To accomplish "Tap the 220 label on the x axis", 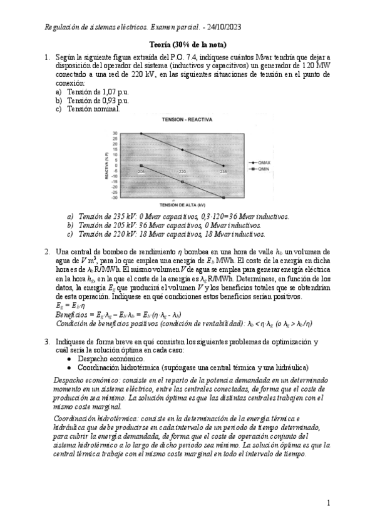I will (x=182, y=171).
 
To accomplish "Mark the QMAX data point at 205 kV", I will (x=141, y=134).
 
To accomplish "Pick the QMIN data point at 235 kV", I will (x=223, y=198).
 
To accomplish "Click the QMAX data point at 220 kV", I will (x=182, y=150).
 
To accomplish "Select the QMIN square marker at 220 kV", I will (x=182, y=182).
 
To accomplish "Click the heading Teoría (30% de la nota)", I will (x=188, y=45).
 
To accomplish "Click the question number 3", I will (x=47, y=342).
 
